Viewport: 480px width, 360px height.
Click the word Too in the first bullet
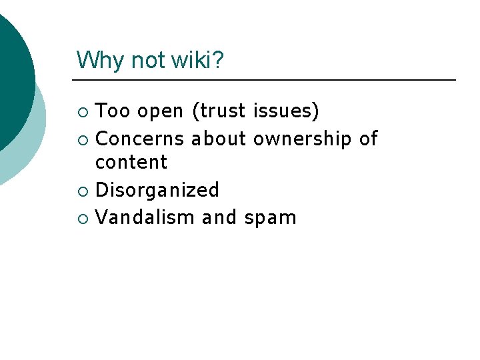click(113, 111)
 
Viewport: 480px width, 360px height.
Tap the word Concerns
click(140, 139)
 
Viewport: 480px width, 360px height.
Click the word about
click(219, 139)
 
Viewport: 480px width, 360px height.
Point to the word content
click(131, 162)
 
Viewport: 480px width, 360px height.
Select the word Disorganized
click(157, 191)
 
